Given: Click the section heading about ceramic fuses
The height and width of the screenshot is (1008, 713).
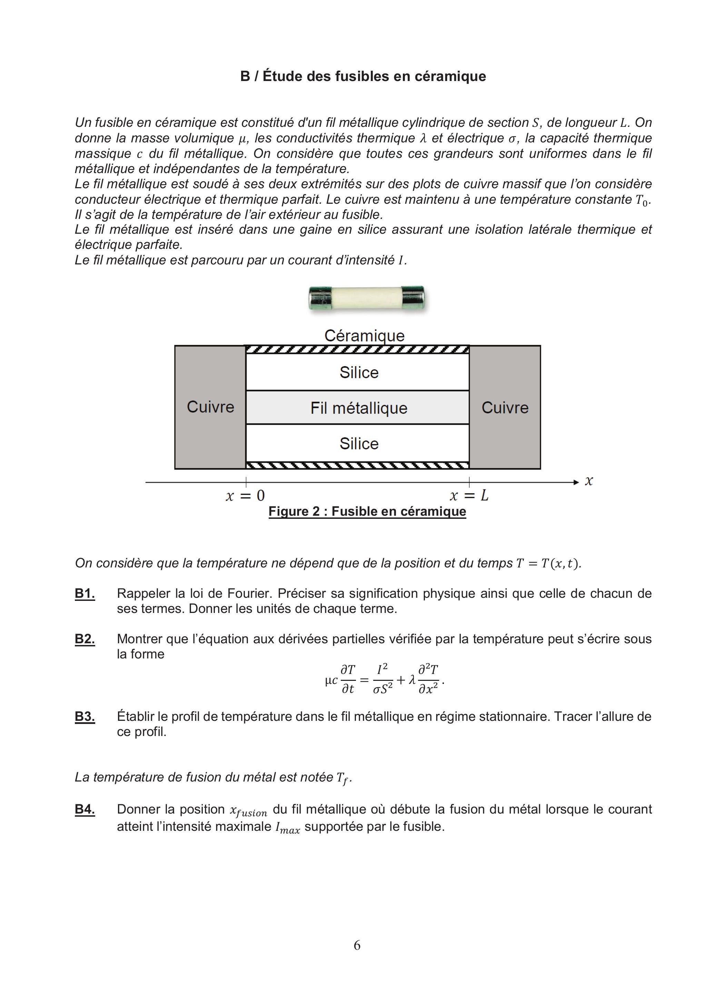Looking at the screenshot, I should pos(363,77).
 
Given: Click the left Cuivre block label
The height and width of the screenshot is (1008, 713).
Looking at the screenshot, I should pos(210,407).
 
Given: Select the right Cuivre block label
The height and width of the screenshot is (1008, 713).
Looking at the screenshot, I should pos(505,408).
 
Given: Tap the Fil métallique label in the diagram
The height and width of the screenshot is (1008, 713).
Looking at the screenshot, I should pos(358,408).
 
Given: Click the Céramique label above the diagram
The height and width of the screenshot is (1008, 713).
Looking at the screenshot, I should pos(364,336).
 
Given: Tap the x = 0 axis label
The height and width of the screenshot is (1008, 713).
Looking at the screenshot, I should pos(245,496).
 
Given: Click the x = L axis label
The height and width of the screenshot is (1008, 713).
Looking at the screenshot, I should pos(469,496).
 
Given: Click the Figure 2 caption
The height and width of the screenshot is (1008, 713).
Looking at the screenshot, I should pos(367,512).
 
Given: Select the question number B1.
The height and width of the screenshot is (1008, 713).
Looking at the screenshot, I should pos(85,594).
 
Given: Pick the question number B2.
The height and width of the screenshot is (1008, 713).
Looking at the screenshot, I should pos(85,639).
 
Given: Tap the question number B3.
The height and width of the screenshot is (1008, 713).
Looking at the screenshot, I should pos(85,716).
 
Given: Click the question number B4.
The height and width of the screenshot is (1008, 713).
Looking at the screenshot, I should pos(85,809).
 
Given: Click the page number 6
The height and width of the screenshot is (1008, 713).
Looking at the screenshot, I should pos(357,945).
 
